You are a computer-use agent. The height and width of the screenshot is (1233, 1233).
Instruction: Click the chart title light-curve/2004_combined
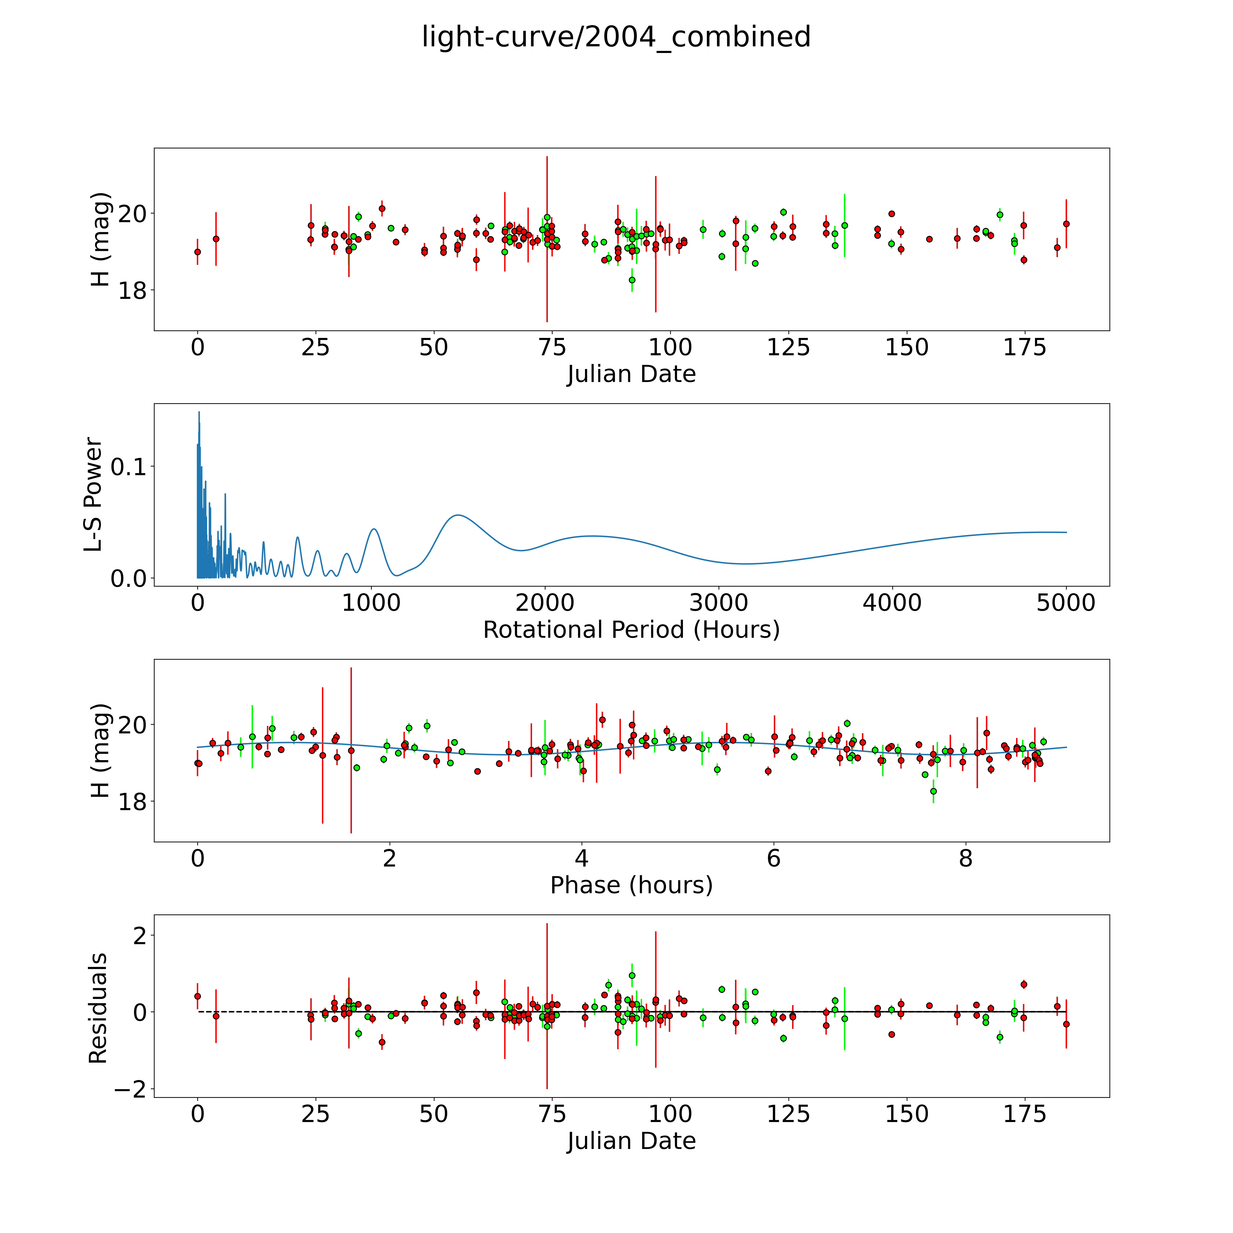tap(616, 37)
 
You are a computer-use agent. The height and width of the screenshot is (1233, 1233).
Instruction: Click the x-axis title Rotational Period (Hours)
tap(631, 630)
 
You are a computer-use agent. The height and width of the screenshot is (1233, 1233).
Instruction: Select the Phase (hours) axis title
tap(631, 885)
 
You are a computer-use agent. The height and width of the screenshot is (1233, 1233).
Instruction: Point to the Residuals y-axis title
tap(98, 1008)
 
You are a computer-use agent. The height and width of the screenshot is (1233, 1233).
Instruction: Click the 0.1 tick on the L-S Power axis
tap(128, 466)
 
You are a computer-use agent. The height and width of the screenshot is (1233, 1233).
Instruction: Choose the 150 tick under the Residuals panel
tap(906, 1114)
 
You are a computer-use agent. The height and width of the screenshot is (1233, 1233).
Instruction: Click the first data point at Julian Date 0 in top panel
tap(198, 252)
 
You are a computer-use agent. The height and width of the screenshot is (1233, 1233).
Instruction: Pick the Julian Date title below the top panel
tap(631, 374)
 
